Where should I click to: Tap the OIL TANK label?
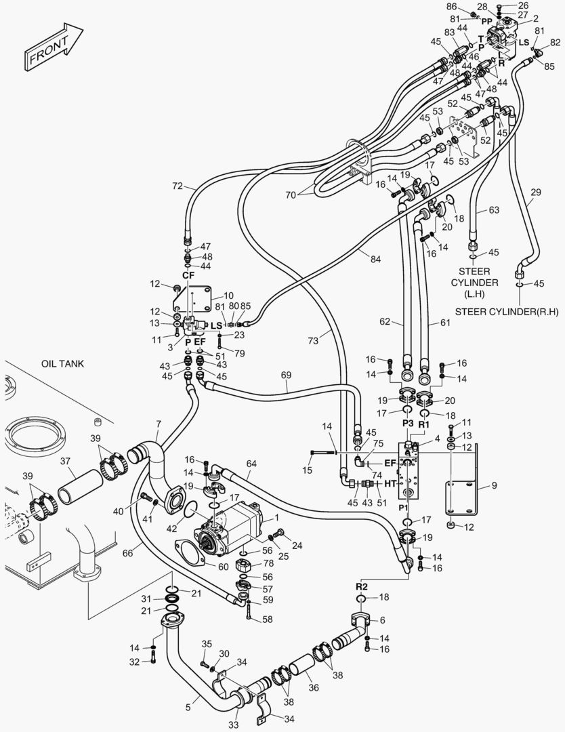(x=62, y=364)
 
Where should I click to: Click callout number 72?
(x=178, y=185)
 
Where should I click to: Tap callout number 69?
(x=286, y=374)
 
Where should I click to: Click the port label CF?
(x=188, y=276)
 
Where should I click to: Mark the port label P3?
(x=408, y=423)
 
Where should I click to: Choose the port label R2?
(x=362, y=586)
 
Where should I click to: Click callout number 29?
(x=535, y=193)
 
